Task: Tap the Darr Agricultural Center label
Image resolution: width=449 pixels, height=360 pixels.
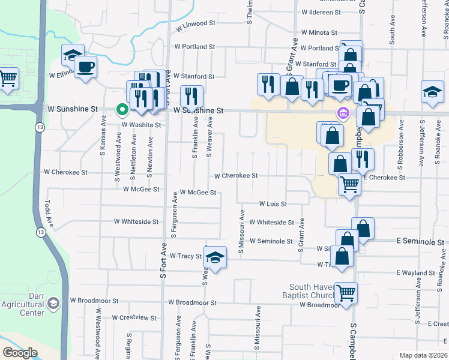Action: [29, 304]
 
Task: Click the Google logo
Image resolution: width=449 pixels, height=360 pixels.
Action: [20, 353]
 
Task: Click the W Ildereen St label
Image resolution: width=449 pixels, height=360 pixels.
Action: [321, 12]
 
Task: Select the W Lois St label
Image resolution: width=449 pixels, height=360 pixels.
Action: [273, 204]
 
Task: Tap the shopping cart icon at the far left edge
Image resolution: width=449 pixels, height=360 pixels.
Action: [7, 78]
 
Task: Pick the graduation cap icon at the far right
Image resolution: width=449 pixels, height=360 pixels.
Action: [432, 92]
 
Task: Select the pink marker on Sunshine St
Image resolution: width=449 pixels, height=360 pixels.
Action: [343, 113]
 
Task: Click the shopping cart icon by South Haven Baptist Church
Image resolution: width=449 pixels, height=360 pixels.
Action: [346, 293]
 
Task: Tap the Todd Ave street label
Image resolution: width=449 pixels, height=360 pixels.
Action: [50, 214]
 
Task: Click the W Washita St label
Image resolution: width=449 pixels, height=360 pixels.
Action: [142, 125]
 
